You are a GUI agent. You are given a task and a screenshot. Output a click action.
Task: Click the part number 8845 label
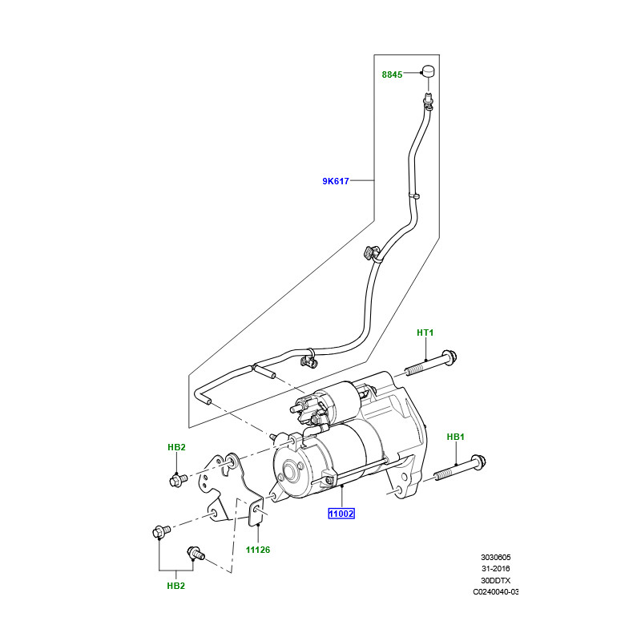(x=392, y=75)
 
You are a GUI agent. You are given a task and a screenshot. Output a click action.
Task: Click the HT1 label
(x=425, y=333)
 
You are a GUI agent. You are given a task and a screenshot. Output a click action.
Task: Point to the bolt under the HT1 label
(x=431, y=365)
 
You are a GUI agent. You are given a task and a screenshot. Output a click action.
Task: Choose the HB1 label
(x=455, y=437)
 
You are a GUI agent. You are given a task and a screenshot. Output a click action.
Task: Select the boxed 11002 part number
(x=340, y=513)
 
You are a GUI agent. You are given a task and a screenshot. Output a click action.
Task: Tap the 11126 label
(x=258, y=550)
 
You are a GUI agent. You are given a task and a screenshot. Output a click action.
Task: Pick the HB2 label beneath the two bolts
(x=176, y=586)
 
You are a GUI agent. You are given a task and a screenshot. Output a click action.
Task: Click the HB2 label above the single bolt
(x=176, y=446)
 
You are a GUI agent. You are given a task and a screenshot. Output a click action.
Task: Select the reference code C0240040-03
(x=496, y=592)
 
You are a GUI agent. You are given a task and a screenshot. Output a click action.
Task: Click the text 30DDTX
(x=496, y=580)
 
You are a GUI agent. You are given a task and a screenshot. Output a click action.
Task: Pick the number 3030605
(x=496, y=557)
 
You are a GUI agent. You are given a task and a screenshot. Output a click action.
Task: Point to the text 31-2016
(x=496, y=569)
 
